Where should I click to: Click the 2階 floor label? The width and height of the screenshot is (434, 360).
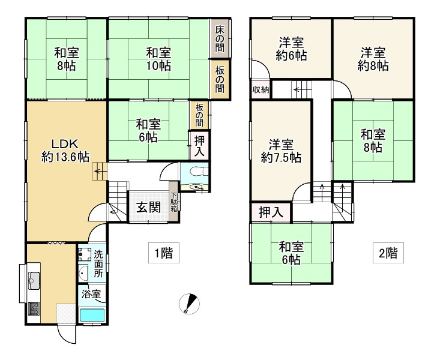pos(387,253)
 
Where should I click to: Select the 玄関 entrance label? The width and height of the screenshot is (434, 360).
pos(148,208)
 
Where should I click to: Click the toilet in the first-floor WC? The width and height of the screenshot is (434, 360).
pos(195,170)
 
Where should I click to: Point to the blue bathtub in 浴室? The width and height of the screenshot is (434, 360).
pos(92,314)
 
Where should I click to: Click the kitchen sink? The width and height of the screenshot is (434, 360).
pos(34,280)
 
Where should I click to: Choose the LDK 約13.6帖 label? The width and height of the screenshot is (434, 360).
pos(65,150)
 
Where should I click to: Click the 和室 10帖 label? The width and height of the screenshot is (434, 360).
pos(158,59)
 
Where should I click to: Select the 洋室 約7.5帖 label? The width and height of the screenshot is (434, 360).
pos(281,151)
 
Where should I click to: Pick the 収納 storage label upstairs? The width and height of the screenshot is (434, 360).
pos(261,89)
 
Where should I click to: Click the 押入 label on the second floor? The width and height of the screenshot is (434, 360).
pos(271,212)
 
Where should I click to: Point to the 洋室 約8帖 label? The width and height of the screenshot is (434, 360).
pos(373,59)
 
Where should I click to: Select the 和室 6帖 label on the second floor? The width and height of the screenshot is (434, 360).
pos(291,253)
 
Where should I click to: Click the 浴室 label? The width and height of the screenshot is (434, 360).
pos(92,294)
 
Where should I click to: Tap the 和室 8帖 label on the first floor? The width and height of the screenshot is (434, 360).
pos(65,59)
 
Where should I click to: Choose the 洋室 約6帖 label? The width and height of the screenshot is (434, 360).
pos(291,49)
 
